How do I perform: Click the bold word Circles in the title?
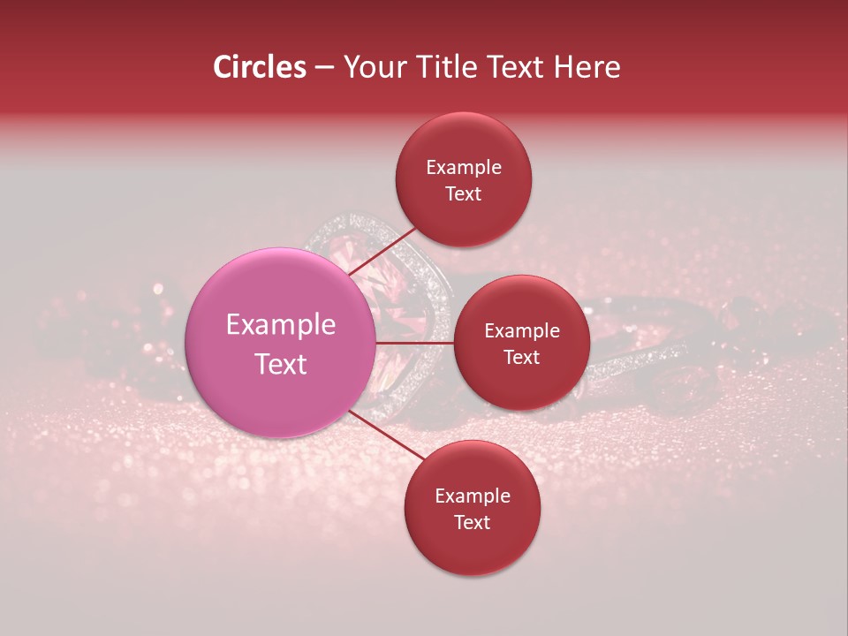[260, 67]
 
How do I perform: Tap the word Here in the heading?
[587, 67]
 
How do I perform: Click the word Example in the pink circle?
[281, 325]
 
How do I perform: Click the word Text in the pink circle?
[281, 364]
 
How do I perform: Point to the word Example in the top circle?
[464, 168]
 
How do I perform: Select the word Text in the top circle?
[464, 194]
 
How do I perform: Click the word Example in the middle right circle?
[522, 331]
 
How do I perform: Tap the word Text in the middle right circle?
[522, 358]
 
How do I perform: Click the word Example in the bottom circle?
[473, 496]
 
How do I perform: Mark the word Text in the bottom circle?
[473, 523]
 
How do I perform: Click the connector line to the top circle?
[382, 251]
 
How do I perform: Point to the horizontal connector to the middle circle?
[415, 343]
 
